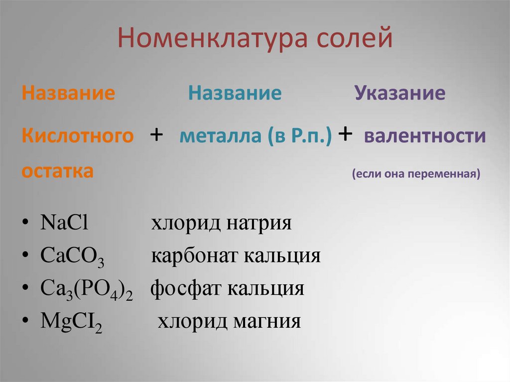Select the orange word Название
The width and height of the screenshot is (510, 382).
[x=68, y=94]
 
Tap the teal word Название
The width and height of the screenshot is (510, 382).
[x=235, y=94]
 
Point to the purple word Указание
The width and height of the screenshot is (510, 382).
[x=399, y=94]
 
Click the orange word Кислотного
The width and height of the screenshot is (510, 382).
[x=78, y=136]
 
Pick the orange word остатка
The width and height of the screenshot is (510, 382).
[x=57, y=171]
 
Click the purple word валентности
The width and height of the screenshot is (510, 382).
[x=425, y=136]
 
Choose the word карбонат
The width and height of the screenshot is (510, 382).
[x=194, y=256]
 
